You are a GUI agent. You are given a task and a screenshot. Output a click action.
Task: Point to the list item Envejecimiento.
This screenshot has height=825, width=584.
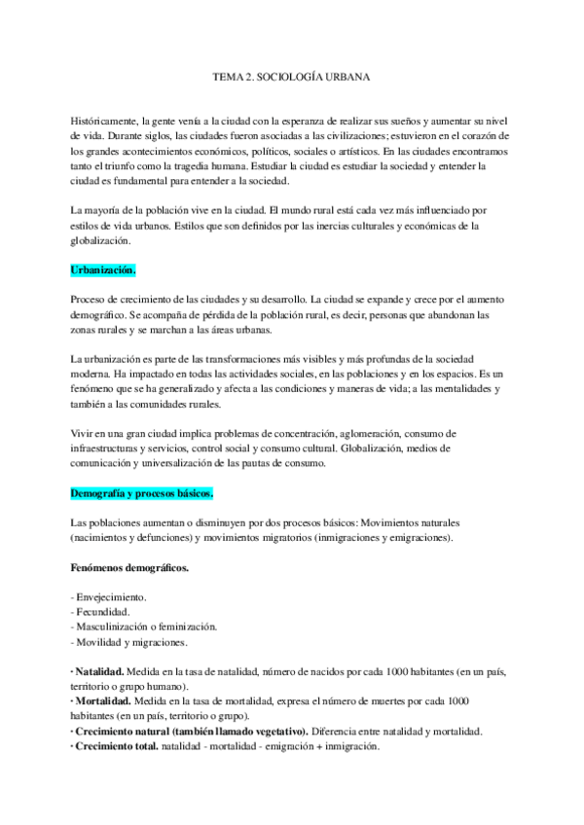coord(111,595)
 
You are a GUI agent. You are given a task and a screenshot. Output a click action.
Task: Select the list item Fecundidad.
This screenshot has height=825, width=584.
coord(101,611)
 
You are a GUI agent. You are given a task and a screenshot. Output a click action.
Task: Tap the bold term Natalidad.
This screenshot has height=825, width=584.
coord(99,672)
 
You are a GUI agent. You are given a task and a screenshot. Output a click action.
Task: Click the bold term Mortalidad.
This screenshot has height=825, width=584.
coord(101,700)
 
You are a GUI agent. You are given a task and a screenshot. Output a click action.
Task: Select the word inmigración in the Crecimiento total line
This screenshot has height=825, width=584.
coord(352,746)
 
